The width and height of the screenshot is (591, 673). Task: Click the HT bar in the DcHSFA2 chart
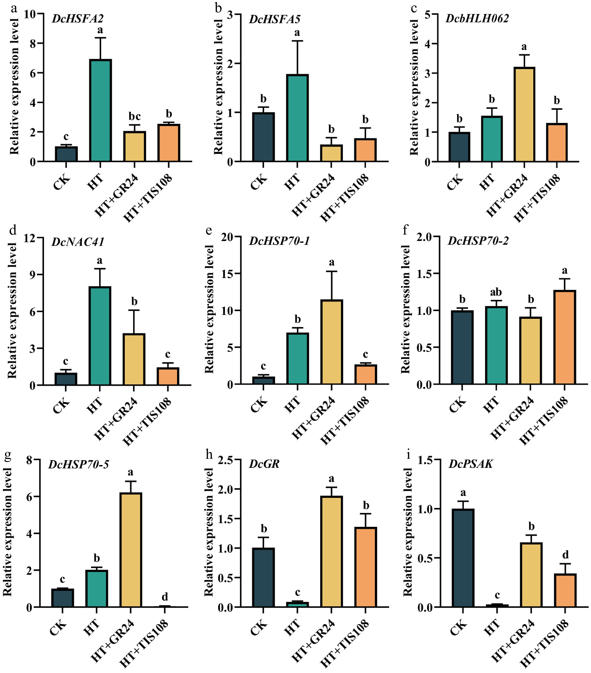(x=100, y=110)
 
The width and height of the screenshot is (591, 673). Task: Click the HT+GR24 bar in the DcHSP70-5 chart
(x=131, y=550)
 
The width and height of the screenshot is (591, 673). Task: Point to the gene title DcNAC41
(x=78, y=242)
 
